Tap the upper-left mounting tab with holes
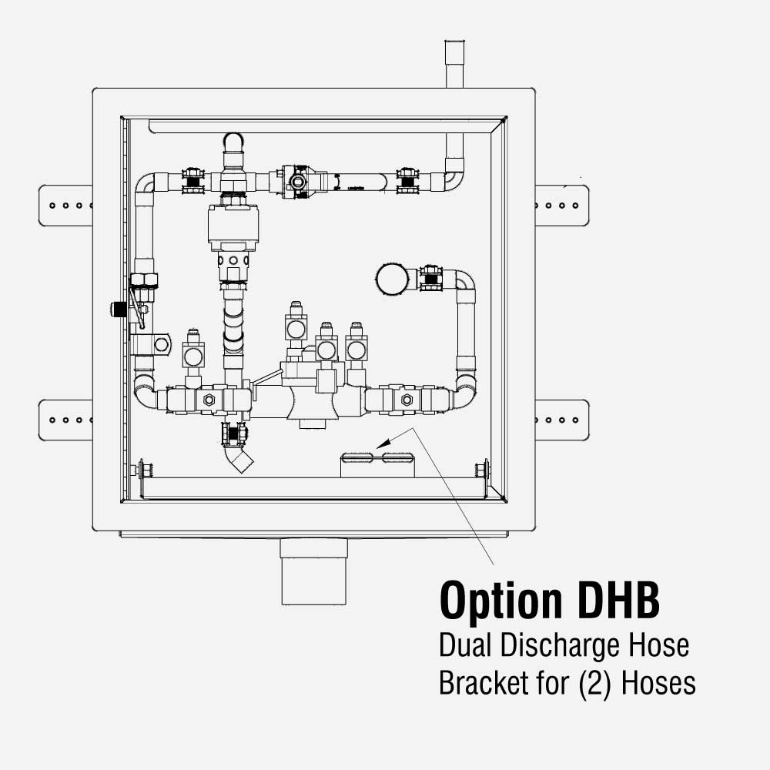tap(66, 206)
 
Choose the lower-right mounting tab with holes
tap(561, 420)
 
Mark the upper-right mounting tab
tap(561, 206)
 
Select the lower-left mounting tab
tap(66, 420)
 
